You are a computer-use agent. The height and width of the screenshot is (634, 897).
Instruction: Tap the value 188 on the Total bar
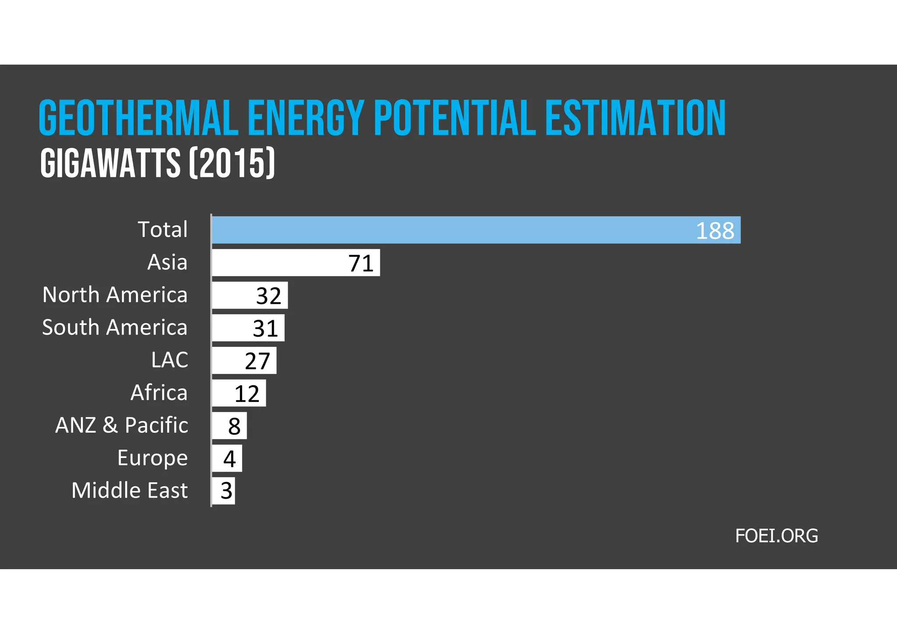[x=715, y=231]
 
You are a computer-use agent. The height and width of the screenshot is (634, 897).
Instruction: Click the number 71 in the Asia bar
[x=361, y=264]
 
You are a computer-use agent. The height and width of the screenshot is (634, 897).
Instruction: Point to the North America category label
[x=115, y=295]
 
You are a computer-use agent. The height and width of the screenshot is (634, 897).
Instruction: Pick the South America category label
[x=115, y=328]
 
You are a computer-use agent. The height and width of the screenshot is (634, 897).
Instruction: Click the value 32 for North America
[x=268, y=296]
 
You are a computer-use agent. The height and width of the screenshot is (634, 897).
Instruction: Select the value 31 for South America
[x=265, y=329]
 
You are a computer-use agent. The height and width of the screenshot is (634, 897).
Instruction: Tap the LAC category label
[x=170, y=360]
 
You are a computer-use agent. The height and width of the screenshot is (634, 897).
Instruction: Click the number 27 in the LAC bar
[x=257, y=361]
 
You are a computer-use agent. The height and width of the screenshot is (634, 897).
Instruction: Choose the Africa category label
[x=159, y=393]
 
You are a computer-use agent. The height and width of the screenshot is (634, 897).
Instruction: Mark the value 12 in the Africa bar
[x=247, y=394]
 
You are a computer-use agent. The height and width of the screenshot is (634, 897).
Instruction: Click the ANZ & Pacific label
[x=122, y=425]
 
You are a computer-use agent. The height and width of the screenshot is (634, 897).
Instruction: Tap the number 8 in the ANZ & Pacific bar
[x=234, y=426]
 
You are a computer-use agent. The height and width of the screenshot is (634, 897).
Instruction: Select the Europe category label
[x=152, y=458]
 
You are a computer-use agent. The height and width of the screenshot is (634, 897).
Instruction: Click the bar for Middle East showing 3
[x=224, y=491]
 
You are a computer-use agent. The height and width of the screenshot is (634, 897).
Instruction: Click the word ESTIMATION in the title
[x=635, y=118]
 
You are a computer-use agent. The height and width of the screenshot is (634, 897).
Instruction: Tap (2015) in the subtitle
[x=232, y=163]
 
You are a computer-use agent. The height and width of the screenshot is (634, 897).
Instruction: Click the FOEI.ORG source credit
[x=776, y=536]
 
